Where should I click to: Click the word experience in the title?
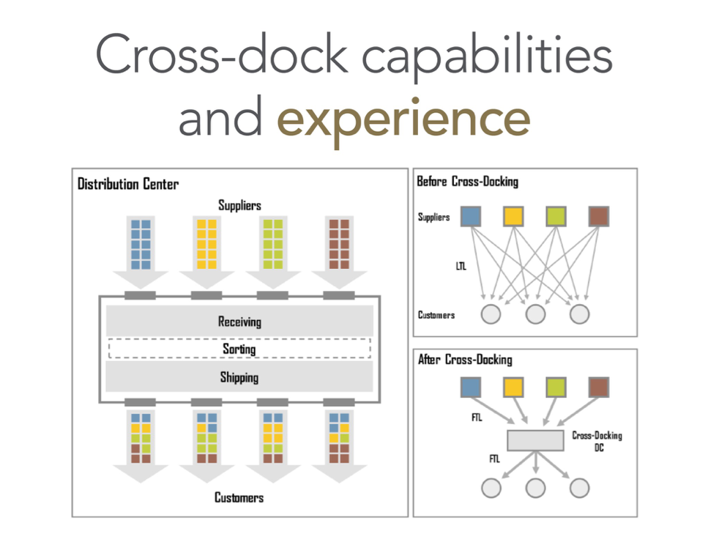pos(403,119)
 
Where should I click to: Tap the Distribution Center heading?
pos(128,184)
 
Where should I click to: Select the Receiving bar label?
pos(239,322)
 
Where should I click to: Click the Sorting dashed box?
pos(239,349)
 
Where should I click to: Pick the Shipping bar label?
pos(239,378)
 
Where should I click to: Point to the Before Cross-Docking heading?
pos(467,181)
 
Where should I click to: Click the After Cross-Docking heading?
pos(465,360)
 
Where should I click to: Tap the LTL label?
pos(461,267)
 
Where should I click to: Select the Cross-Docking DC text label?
pos(597,440)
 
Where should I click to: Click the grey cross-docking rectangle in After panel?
pos(537,440)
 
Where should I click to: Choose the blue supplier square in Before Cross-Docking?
pos(471,216)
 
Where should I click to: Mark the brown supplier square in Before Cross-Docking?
pos(598,216)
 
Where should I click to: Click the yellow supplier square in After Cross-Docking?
pos(513,387)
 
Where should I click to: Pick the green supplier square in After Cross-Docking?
pos(556,387)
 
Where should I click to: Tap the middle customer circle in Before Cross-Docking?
pos(535,314)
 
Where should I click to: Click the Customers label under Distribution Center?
pos(239,497)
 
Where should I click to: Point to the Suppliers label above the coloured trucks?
pos(239,205)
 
